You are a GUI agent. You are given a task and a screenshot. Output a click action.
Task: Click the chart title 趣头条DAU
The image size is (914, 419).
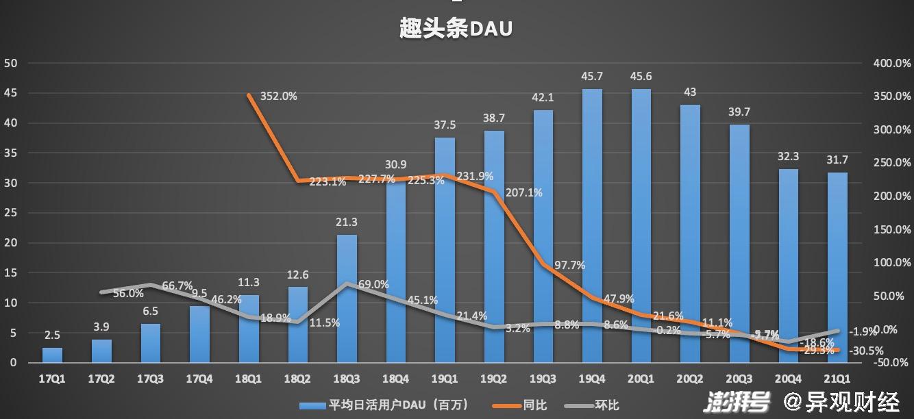pos(456,29)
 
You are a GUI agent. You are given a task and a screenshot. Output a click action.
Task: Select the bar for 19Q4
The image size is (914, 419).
pos(592,226)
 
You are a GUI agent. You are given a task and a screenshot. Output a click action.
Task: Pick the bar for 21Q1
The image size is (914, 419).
pos(837,267)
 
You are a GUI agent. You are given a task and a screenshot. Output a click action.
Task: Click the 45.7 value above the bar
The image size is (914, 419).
pos(592,76)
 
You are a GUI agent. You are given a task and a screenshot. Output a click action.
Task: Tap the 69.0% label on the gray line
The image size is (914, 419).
pos(373,284)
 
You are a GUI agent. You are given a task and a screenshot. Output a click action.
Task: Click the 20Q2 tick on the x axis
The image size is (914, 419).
pos(690,378)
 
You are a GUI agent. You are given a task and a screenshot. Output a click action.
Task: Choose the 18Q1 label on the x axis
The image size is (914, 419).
pos(247,378)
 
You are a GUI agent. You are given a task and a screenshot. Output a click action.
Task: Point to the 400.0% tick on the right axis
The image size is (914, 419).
pos(891,63)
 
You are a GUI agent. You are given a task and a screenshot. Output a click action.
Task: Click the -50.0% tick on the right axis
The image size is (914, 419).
pos(891,362)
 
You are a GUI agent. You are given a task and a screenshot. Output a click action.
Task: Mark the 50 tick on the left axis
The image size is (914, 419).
pos(11,63)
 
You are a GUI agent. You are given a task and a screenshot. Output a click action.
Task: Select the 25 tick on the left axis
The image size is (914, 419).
pos(11,213)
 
